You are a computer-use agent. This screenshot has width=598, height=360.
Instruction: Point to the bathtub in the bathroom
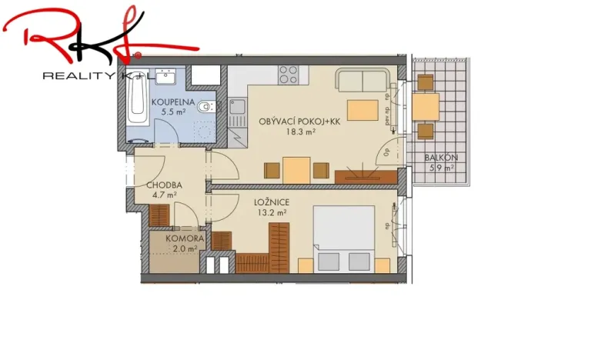[138, 105]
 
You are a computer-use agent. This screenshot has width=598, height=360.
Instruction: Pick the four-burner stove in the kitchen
[288, 75]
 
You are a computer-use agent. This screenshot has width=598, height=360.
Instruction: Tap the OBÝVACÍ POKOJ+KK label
[289, 122]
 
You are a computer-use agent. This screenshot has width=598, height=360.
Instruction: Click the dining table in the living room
[296, 169]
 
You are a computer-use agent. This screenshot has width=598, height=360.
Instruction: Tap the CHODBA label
[164, 185]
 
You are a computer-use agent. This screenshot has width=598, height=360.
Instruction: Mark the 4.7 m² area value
[165, 195]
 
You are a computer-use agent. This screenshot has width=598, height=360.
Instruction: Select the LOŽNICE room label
[271, 203]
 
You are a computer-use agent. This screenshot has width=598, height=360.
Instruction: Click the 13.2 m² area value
[272, 213]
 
